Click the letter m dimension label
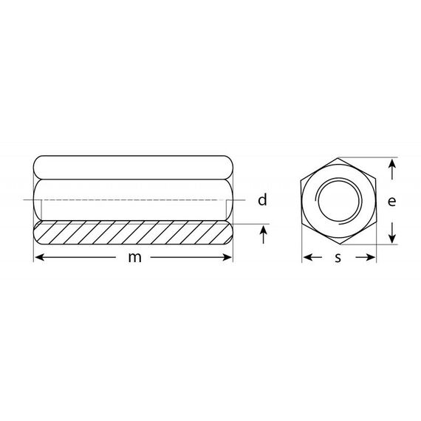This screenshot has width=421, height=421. click(134, 258)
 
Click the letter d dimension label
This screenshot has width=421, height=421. click(262, 200)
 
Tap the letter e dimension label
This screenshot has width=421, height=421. click(391, 202)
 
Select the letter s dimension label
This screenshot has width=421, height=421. click(338, 258)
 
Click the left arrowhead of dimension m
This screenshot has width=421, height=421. click(39, 258)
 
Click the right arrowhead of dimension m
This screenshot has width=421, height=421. click(227, 258)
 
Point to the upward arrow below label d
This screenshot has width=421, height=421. click(264, 235)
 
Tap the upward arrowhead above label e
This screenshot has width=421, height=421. click(392, 163)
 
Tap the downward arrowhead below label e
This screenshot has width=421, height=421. click(392, 239)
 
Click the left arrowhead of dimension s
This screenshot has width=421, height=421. click(308, 258)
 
